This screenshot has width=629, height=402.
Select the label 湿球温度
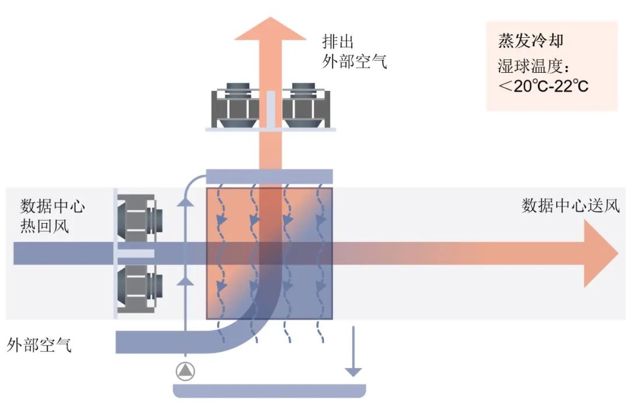pyautogui.click(x=527, y=65)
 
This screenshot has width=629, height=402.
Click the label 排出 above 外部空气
pyautogui.click(x=338, y=42)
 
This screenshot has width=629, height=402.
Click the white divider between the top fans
pyautogui.click(x=270, y=108)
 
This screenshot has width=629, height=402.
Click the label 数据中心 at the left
pyautogui.click(x=53, y=206)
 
